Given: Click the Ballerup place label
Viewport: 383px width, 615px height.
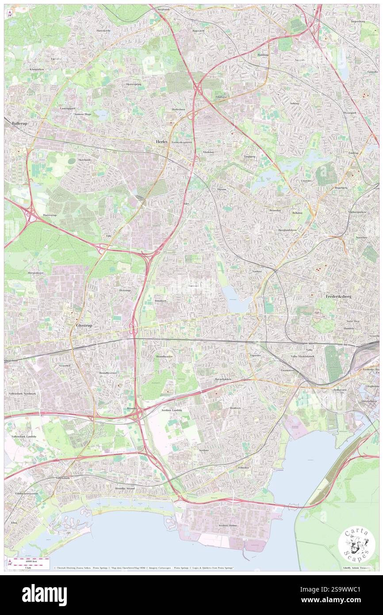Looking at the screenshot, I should [x=20, y=123].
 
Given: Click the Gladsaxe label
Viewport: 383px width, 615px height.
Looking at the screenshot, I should [x=221, y=96].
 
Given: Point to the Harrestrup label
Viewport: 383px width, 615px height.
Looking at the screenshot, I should [x=50, y=215].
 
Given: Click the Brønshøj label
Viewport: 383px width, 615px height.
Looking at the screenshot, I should [x=275, y=211].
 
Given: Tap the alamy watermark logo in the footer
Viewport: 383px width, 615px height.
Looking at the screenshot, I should [x=44, y=595].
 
